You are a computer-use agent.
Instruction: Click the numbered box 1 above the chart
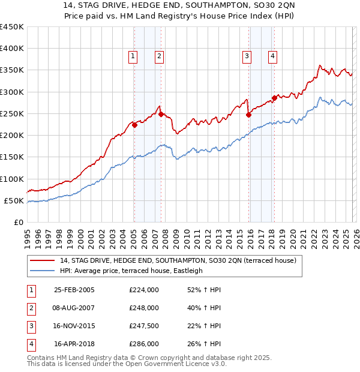[x=133, y=56]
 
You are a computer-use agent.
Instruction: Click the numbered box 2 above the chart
[x=159, y=56]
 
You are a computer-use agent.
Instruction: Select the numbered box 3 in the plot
[x=247, y=56]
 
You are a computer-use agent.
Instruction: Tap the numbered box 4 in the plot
[x=272, y=56]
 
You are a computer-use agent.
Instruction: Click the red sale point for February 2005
[x=134, y=125]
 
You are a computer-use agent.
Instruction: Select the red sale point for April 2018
[x=274, y=98]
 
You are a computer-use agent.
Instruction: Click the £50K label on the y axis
[x=14, y=200]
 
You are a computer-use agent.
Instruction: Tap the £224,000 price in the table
[x=144, y=290]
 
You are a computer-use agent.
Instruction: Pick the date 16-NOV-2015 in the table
[x=74, y=325]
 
